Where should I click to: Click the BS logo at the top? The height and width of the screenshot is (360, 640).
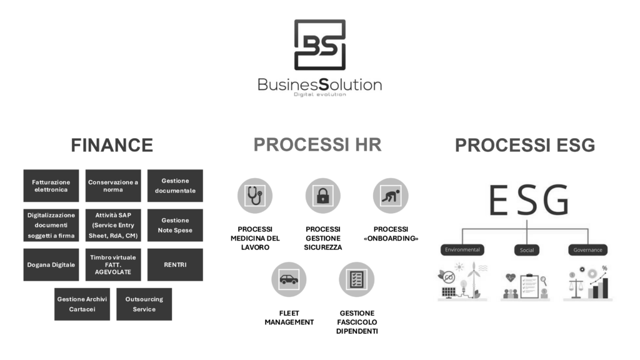coord(319,44)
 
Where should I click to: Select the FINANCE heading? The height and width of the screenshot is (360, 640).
coord(112,145)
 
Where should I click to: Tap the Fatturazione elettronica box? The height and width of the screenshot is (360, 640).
coord(51,186)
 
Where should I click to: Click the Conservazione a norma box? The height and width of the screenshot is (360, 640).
coord(113,186)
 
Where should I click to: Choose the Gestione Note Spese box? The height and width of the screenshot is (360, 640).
coord(175,225)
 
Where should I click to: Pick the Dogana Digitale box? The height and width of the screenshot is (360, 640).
coord(51,264)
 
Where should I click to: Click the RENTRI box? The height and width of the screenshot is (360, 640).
coord(175,264)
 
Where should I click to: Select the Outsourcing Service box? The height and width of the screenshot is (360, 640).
coord(144,304)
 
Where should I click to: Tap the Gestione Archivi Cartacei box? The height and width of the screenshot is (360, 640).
coord(82,304)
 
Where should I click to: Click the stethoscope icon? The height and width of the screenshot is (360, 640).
coord(255,196)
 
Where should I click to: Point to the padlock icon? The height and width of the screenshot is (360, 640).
coord(322,196)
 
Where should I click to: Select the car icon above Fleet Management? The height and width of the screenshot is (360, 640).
coord(289,279)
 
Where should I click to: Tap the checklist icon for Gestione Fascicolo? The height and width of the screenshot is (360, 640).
coord(356,279)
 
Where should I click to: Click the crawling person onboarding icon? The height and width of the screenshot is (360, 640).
coord(391,196)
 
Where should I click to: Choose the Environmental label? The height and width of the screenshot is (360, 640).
coord(462,249)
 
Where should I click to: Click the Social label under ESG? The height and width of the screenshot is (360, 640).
coord(526,250)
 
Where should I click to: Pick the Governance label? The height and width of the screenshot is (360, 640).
coord(587,250)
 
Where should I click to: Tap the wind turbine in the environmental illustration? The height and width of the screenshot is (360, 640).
coord(474,279)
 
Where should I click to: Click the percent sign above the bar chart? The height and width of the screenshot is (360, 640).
coord(604,269)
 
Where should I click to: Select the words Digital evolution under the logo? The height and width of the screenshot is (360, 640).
coord(319,94)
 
